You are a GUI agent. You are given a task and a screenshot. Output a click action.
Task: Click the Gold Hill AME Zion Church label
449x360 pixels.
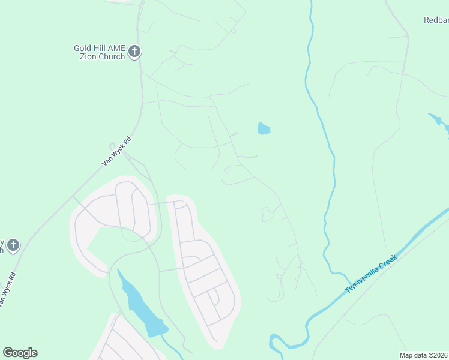click(x=100, y=52)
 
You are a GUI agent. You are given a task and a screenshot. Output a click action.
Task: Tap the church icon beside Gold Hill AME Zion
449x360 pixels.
click(x=134, y=52)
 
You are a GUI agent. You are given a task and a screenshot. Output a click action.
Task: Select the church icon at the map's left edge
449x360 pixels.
click(x=13, y=245)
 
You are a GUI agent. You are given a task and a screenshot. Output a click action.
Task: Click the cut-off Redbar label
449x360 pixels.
click(x=436, y=20)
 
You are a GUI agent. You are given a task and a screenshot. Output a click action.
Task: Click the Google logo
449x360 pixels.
click(x=20, y=353)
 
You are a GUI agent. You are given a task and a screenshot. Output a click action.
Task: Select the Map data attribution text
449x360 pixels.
click(x=424, y=355)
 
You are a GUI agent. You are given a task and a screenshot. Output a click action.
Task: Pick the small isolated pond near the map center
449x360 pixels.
click(x=263, y=129)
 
